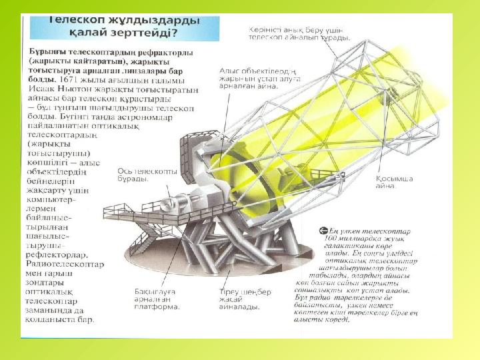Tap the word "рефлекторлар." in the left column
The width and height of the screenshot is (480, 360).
tap(54, 255)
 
